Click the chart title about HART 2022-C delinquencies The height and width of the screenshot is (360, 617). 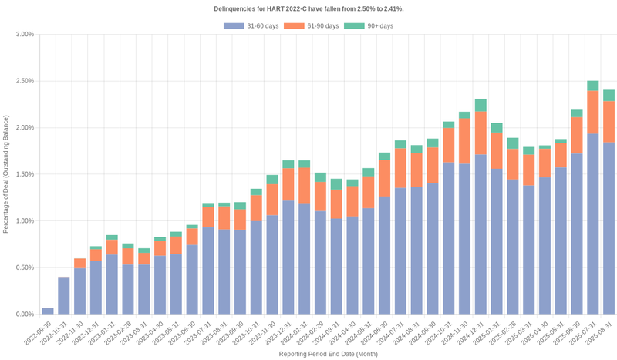[x=308, y=8]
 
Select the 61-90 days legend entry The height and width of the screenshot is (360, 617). [x=311, y=26]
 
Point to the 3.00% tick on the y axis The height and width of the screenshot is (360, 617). [x=24, y=35]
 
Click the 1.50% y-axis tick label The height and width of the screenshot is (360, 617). [x=24, y=175]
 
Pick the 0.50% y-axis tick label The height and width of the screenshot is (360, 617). [x=24, y=268]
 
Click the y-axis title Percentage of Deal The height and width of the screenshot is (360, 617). [x=6, y=174]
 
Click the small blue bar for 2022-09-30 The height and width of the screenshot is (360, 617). [x=48, y=311]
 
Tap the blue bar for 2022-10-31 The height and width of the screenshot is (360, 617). [x=64, y=295]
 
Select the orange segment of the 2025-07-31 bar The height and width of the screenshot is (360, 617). [x=592, y=113]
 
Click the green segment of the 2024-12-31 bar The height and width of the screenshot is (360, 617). [x=480, y=106]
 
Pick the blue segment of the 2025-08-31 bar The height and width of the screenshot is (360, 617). [x=609, y=228]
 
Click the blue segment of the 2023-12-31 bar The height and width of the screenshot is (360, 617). [x=288, y=257]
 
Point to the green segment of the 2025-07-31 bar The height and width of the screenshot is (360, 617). [x=592, y=86]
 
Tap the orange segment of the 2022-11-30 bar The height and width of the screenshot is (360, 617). [x=80, y=263]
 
